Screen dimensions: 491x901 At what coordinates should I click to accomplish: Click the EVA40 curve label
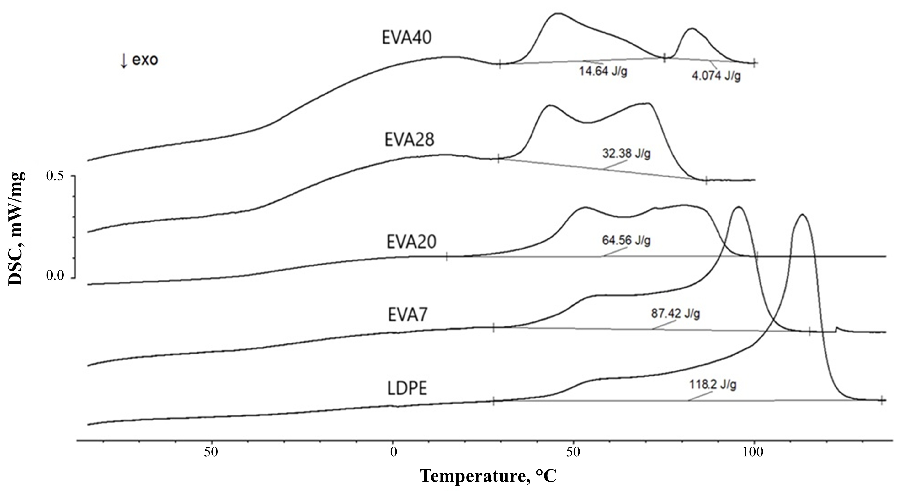[406, 38]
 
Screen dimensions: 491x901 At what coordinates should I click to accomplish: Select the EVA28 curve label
[409, 140]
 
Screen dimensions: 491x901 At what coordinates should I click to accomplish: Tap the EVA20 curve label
[411, 242]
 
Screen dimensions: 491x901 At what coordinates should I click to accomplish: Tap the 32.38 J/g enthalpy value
[626, 154]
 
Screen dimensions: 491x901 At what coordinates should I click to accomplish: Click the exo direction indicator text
[139, 60]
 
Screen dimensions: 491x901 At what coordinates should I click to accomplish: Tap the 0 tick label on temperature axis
[393, 462]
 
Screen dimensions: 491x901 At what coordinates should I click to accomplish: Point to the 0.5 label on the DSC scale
[55, 176]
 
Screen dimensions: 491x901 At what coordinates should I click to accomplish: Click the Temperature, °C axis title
[488, 476]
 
